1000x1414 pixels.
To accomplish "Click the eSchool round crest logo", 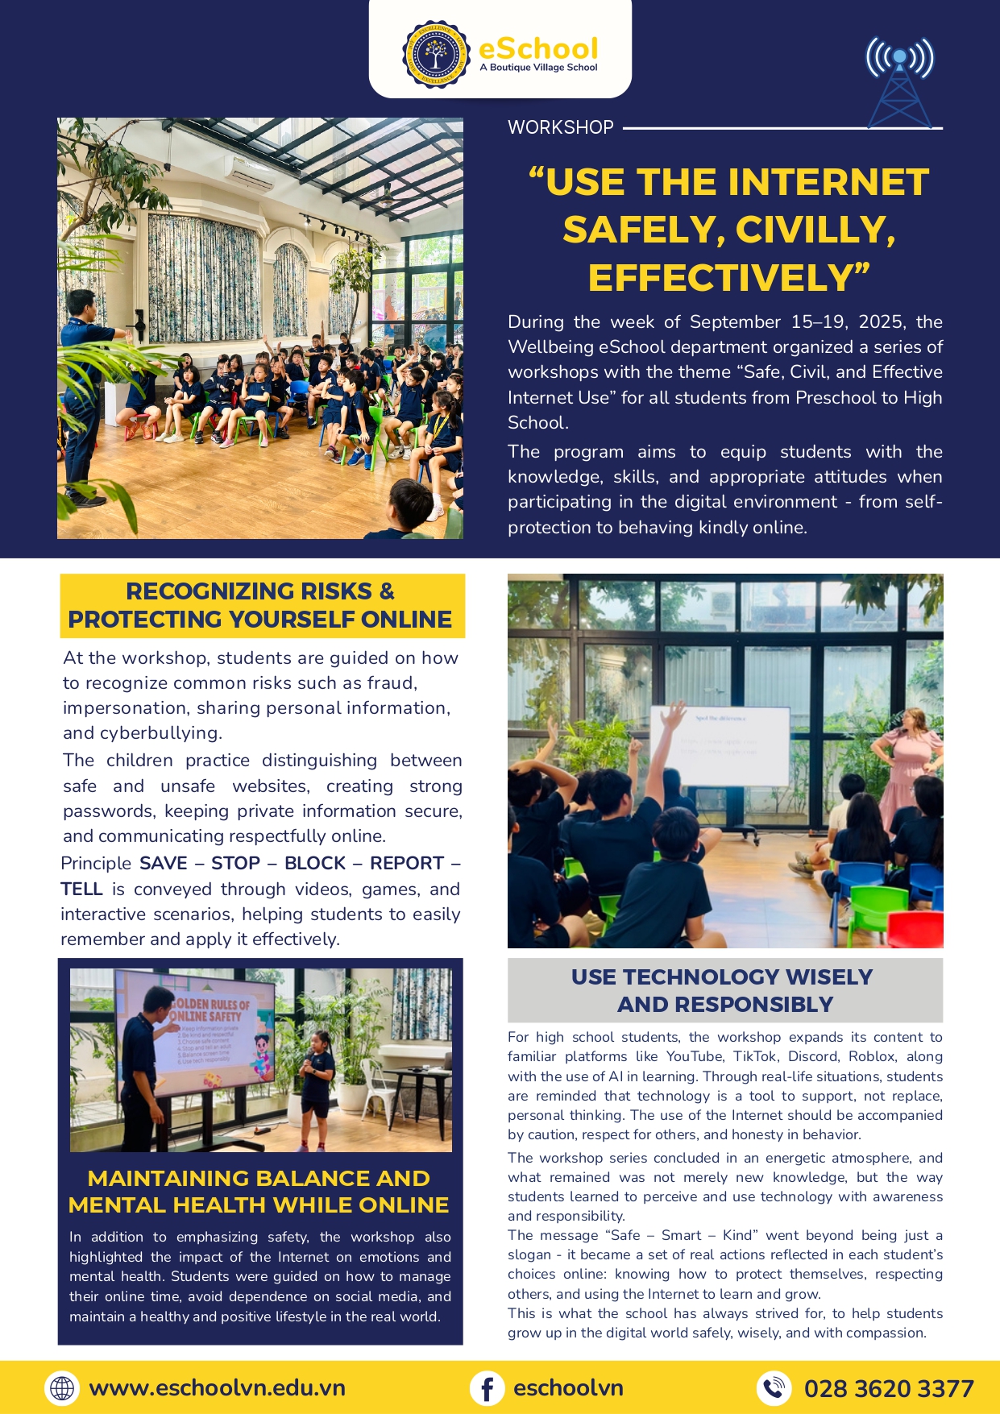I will [435, 55].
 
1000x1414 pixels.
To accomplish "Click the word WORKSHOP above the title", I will [561, 127].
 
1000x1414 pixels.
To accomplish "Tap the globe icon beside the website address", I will [62, 1388].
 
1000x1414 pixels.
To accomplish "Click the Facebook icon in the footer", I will [488, 1388].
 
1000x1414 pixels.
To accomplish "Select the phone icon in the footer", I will [774, 1388].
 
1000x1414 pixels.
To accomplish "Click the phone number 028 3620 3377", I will [889, 1388].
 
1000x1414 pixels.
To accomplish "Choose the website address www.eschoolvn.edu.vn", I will [218, 1388].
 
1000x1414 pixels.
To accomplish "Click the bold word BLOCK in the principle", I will [315, 864].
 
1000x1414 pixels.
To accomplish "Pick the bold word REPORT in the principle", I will [407, 864].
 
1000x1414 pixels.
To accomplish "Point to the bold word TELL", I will [81, 889].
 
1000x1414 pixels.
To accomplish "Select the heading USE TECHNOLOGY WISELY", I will [722, 977].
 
